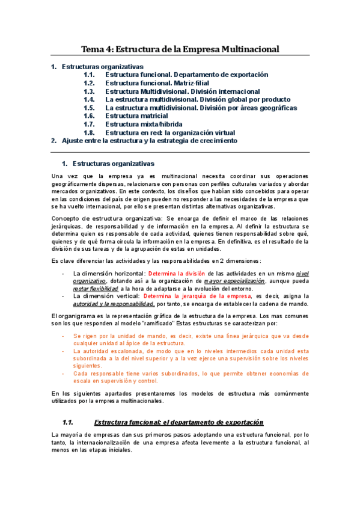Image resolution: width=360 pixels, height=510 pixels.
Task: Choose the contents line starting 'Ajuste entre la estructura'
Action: click(150, 141)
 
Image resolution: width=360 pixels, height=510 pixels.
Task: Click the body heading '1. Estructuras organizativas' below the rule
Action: click(114, 164)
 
